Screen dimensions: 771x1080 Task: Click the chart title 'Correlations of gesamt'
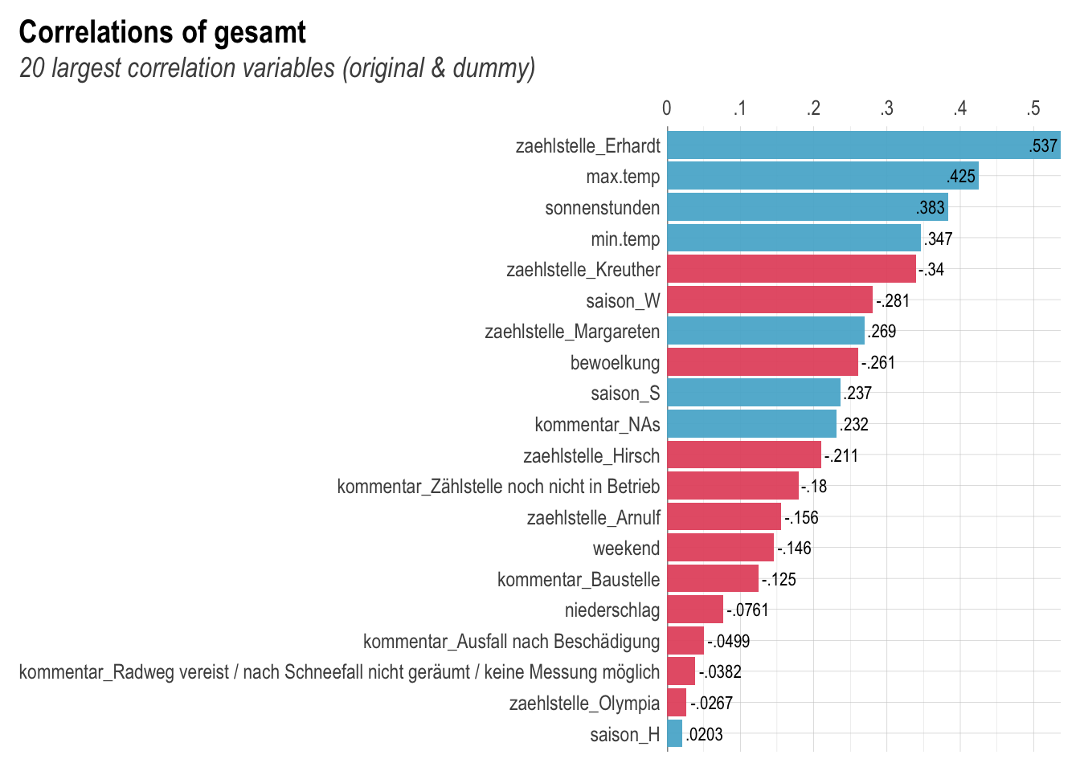pos(162,33)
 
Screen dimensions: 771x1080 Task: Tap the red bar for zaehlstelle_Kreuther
pos(792,269)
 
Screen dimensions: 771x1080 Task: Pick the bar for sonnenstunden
pos(808,207)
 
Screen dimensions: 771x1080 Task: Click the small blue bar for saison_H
pos(675,734)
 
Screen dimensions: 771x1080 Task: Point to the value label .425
pos(961,177)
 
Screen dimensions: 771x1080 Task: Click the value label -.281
pos(893,301)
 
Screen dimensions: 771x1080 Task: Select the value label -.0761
pos(747,610)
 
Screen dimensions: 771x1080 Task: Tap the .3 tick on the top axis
pos(886,108)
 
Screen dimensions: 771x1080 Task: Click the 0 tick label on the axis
pos(667,108)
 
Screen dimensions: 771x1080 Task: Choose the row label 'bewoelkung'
pos(615,363)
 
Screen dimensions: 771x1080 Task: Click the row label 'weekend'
pos(626,549)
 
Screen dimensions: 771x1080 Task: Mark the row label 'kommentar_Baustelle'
pos(579,580)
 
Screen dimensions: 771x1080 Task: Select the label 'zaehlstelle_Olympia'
pos(584,704)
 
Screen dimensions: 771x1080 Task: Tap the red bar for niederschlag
pos(695,610)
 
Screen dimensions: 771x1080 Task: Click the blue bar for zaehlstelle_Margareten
pos(766,331)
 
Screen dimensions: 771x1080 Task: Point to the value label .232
pos(853,425)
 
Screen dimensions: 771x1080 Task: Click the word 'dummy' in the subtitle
pos(489,68)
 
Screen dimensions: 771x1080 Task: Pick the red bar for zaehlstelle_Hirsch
pos(744,455)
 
